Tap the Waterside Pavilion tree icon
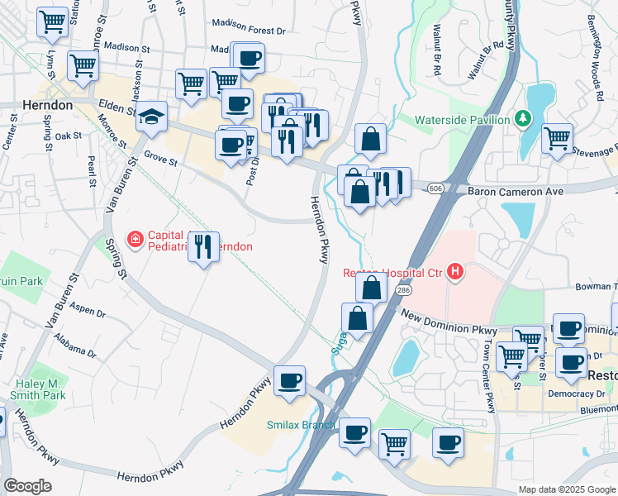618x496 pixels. click(522, 120)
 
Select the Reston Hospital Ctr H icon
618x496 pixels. click(454, 271)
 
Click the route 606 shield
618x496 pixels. click(435, 189)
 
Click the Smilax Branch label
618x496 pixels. click(300, 426)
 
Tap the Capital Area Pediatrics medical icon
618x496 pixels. click(134, 240)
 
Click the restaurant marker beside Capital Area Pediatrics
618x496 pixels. click(203, 246)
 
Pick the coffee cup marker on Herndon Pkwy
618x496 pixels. click(290, 381)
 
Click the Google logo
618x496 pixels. click(27, 486)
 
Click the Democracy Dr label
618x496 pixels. click(578, 395)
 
